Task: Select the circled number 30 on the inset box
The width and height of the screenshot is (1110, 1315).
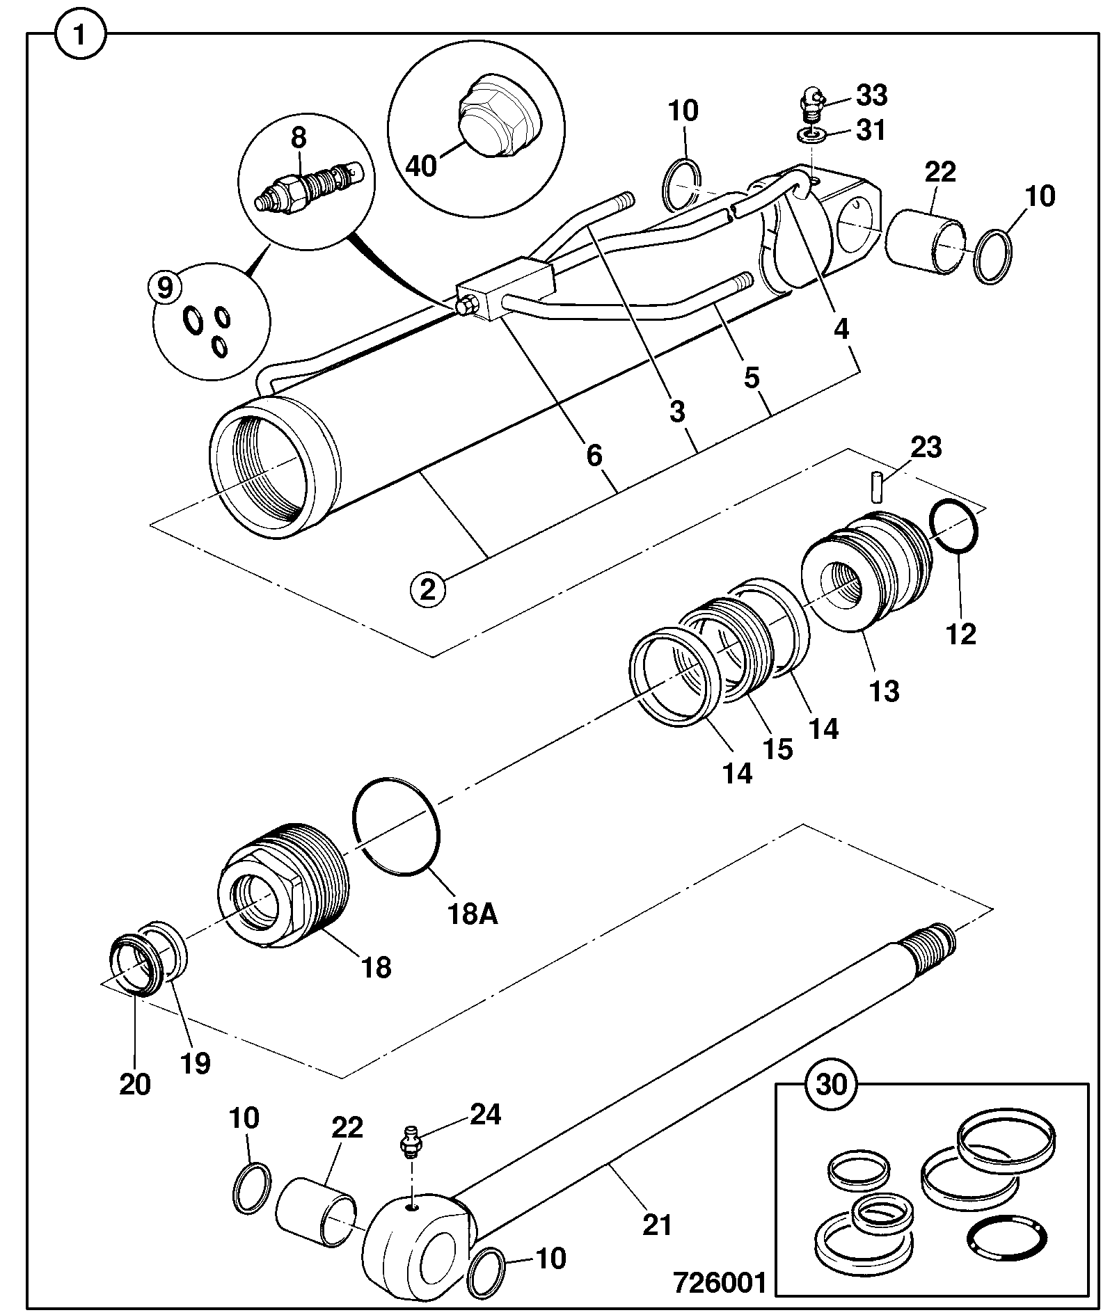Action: pyautogui.click(x=832, y=1085)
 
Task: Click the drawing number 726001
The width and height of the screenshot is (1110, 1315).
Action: pyautogui.click(x=719, y=1282)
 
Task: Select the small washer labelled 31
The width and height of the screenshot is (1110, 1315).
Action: pyautogui.click(x=811, y=134)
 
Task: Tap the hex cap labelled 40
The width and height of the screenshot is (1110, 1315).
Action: pyautogui.click(x=498, y=120)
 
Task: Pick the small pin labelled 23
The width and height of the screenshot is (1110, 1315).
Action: pyautogui.click(x=878, y=486)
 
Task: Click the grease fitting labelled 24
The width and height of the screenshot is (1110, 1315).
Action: pyautogui.click(x=411, y=1144)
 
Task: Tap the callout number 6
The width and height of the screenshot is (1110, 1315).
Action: pyautogui.click(x=594, y=456)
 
